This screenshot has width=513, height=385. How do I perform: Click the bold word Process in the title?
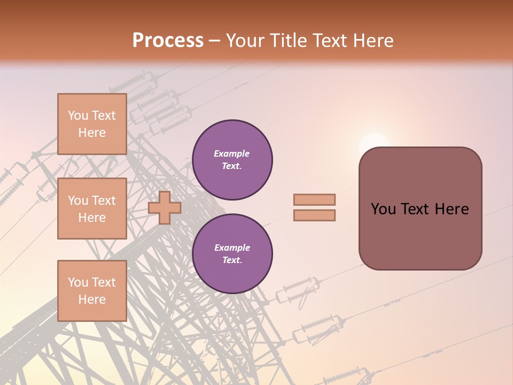pyautogui.click(x=168, y=41)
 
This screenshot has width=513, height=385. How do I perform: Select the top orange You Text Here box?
pyautogui.click(x=92, y=124)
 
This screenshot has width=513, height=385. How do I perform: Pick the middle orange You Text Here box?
pyautogui.click(x=92, y=209)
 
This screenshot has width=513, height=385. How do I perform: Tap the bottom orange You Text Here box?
pyautogui.click(x=92, y=291)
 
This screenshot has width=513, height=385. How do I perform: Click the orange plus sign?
pyautogui.click(x=165, y=208)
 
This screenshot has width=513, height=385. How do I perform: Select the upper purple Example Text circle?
pyautogui.click(x=232, y=160)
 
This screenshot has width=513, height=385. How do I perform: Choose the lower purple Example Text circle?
pyautogui.click(x=232, y=254)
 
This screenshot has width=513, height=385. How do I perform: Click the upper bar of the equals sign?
pyautogui.click(x=314, y=200)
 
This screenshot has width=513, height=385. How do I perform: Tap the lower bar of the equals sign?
pyautogui.click(x=314, y=215)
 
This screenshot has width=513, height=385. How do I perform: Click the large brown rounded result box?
pyautogui.click(x=420, y=209)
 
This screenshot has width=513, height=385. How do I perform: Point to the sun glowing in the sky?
pyautogui.click(x=374, y=143)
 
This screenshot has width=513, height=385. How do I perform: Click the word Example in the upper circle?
pyautogui.click(x=232, y=153)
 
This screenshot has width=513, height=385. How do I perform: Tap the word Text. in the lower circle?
pyautogui.click(x=232, y=260)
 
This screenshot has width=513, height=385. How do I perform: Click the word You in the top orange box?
pyautogui.click(x=77, y=115)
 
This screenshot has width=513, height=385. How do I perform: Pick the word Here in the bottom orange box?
pyautogui.click(x=92, y=299)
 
